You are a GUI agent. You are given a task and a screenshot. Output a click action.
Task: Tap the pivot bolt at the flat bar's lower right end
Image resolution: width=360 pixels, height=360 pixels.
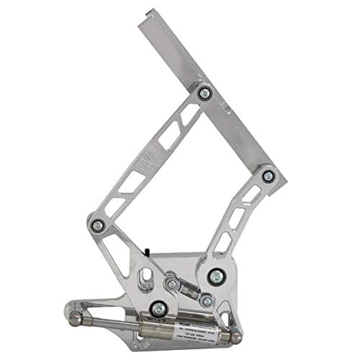[268, 174]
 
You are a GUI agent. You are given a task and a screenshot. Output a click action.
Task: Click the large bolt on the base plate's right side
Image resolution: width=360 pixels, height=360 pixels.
[215, 274]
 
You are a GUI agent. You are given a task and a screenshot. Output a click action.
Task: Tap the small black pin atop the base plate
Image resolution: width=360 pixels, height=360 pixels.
[145, 251]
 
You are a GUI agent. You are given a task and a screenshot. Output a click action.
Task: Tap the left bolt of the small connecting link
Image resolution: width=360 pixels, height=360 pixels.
[173, 286]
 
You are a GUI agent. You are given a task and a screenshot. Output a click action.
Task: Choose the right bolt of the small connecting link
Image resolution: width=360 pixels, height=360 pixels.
[207, 298]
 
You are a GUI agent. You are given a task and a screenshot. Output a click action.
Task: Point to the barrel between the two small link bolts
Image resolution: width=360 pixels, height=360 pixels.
[190, 292]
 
